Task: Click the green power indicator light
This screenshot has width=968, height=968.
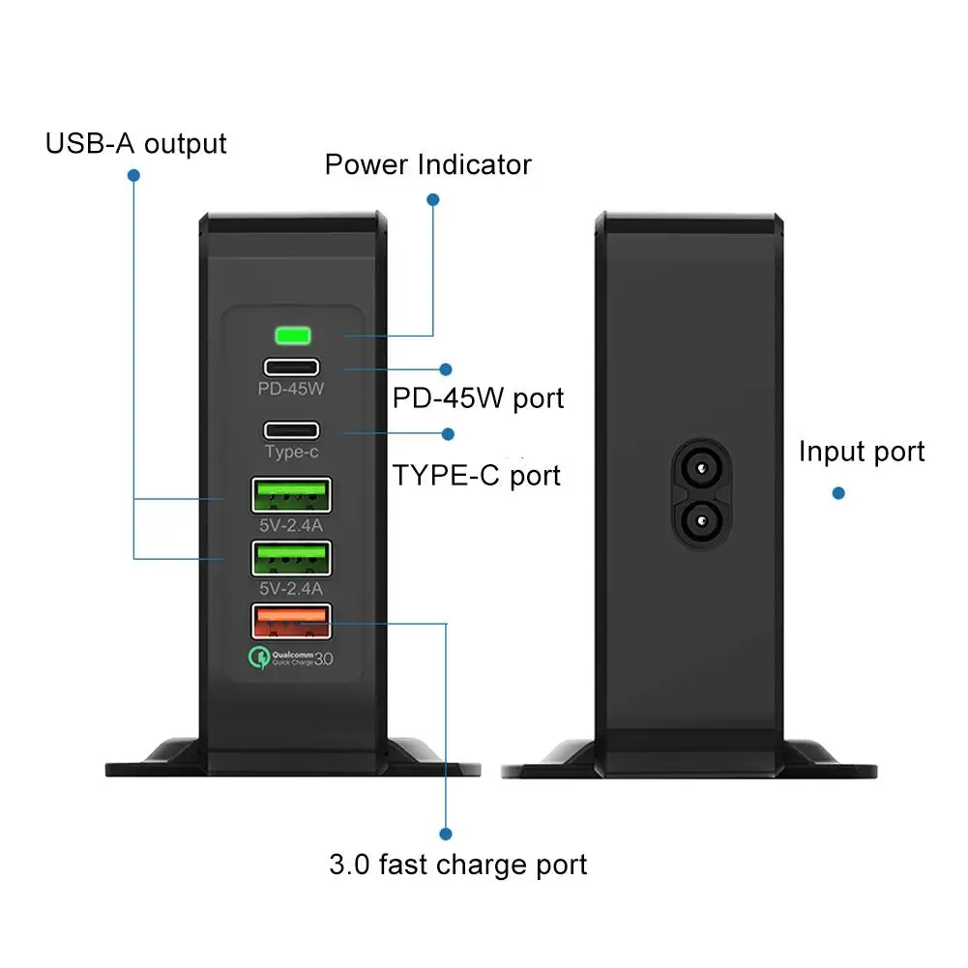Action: [x=292, y=337]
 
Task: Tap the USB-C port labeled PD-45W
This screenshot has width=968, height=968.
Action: [x=291, y=367]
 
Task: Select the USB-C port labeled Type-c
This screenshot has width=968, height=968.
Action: [x=291, y=429]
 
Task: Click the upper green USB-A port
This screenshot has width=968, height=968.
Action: [x=291, y=495]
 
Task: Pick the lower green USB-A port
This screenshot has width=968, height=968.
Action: [x=291, y=559]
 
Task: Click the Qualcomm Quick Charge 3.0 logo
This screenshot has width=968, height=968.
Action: [x=291, y=660]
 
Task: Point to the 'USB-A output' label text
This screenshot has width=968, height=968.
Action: [x=135, y=144]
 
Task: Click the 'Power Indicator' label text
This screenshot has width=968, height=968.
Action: [x=427, y=164]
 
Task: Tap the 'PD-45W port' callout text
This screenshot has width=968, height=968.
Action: [x=478, y=398]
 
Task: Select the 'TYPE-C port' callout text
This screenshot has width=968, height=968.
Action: [x=476, y=476]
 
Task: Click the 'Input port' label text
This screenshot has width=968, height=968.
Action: [x=862, y=452]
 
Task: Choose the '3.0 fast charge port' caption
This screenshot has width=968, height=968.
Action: [x=457, y=864]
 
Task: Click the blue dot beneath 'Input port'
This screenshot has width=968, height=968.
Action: [x=838, y=493]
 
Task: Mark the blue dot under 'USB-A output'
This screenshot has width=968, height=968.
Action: [x=133, y=176]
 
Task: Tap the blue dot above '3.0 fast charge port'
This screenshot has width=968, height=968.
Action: [x=446, y=834]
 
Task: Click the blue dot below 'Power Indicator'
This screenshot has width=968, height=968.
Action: [x=433, y=199]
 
